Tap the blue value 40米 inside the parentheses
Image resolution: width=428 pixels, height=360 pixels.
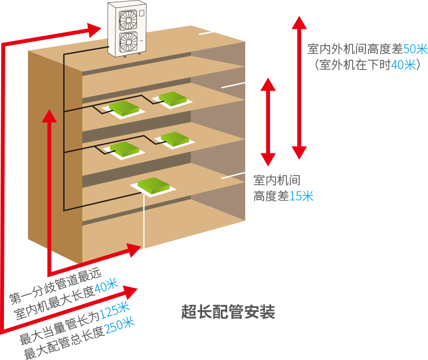(404, 65)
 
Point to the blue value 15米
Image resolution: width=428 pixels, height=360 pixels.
(300, 196)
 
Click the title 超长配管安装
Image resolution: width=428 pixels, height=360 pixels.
(228, 312)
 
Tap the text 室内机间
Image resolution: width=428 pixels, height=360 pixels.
(276, 181)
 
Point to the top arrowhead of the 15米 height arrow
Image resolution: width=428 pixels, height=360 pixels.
(268, 85)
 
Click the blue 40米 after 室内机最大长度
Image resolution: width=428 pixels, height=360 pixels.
(106, 286)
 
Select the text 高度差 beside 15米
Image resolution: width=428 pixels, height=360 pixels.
(269, 196)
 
